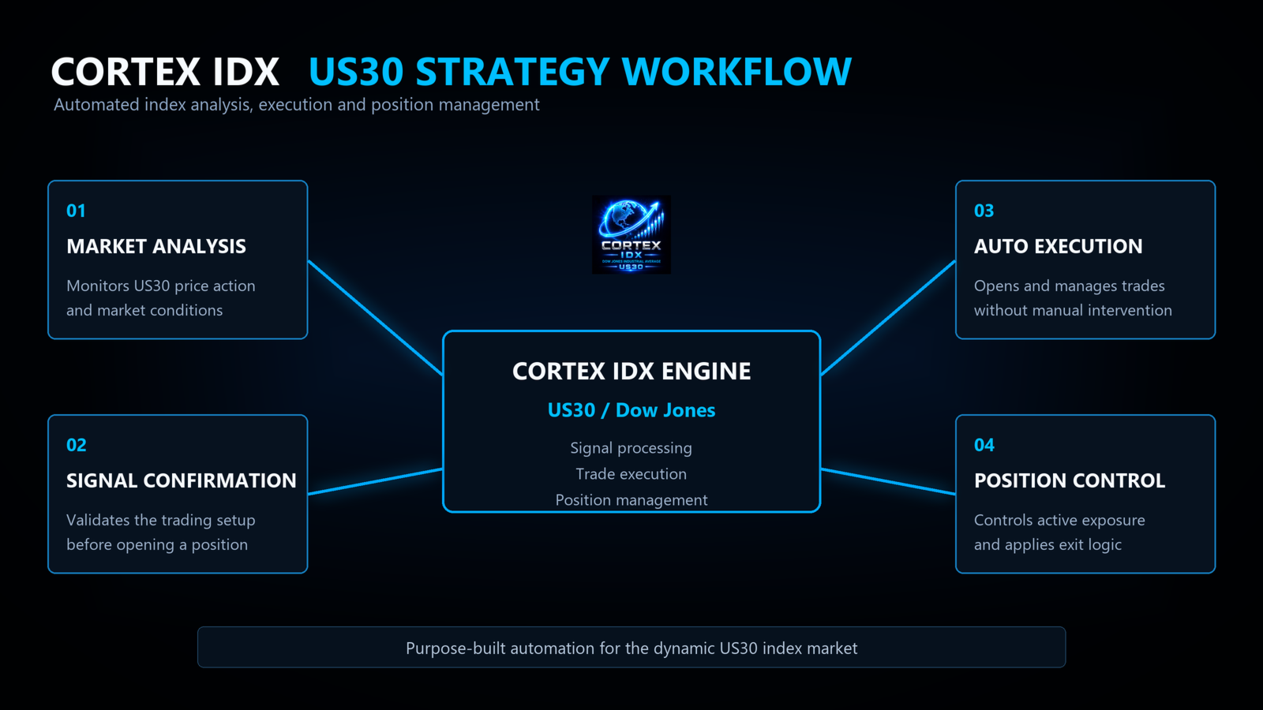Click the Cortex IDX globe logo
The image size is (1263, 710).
(x=631, y=234)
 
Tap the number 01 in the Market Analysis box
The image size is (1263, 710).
(x=76, y=211)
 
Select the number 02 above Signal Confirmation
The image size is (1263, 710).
(x=77, y=445)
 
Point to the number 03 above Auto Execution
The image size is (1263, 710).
(x=984, y=211)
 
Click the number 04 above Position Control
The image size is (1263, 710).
(x=984, y=445)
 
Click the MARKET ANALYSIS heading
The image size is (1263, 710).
(x=156, y=246)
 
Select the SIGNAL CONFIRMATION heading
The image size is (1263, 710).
(x=181, y=480)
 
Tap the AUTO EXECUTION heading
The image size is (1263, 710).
(x=1059, y=246)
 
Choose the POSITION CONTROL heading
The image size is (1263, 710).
(x=1070, y=480)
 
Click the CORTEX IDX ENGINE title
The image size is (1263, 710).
(x=631, y=372)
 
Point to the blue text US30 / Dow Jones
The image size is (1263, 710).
(x=631, y=410)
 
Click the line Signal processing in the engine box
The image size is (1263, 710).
(x=631, y=449)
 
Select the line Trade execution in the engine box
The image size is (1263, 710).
(x=631, y=474)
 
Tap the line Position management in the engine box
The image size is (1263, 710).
(x=631, y=500)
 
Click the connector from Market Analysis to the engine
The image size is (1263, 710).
(x=376, y=318)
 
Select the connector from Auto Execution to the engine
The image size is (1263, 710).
(x=888, y=318)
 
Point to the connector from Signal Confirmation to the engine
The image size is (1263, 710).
(x=376, y=481)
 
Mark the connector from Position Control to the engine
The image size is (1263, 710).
(x=888, y=481)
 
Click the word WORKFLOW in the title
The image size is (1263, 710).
(x=736, y=72)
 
